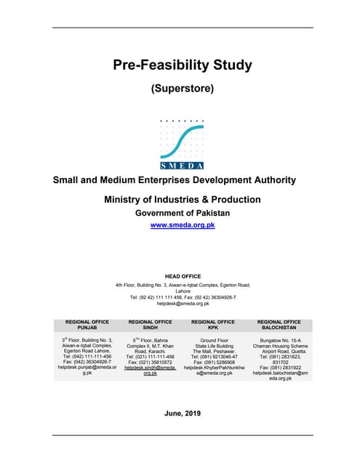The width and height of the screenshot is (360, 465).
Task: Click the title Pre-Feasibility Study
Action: point(183,65)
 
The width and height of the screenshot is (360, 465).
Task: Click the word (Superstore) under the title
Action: point(183,89)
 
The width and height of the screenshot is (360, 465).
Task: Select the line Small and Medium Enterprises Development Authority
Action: point(174,180)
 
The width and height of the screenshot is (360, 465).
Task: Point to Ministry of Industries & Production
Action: point(183,199)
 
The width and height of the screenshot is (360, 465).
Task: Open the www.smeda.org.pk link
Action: point(183,225)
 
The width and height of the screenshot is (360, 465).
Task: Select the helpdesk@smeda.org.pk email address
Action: point(183,303)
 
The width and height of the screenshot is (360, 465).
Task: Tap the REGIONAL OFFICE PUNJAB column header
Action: point(87,325)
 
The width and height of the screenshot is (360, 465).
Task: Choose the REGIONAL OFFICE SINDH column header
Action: point(150,325)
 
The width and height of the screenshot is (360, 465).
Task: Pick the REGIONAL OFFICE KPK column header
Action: point(212,325)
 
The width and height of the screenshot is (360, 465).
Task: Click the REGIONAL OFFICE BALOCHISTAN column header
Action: point(279,325)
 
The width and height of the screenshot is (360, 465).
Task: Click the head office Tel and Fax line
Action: point(183,297)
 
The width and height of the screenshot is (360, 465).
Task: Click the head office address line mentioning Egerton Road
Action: point(183,286)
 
